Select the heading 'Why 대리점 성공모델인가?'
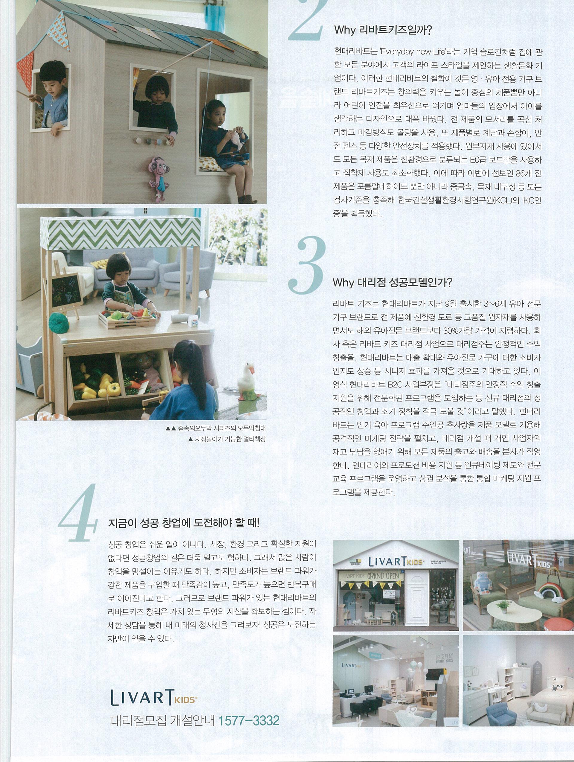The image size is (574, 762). pos(392,283)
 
